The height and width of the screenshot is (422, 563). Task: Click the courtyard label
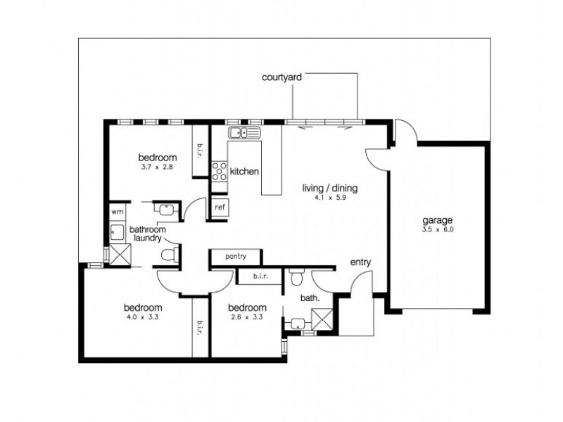click(x=281, y=78)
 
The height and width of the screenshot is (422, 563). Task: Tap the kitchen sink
click(x=243, y=132)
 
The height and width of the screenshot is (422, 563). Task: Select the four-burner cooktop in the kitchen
click(x=220, y=170)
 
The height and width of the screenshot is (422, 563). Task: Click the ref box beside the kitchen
click(x=220, y=207)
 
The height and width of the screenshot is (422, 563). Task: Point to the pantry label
click(x=236, y=257)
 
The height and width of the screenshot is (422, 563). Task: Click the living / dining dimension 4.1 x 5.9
click(x=330, y=198)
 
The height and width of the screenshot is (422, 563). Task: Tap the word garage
click(x=437, y=219)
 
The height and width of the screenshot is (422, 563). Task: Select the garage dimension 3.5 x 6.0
click(x=437, y=229)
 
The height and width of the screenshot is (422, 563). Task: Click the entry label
click(x=360, y=262)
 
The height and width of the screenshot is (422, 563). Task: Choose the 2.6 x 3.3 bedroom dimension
click(x=247, y=318)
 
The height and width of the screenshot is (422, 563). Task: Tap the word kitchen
click(x=245, y=171)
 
